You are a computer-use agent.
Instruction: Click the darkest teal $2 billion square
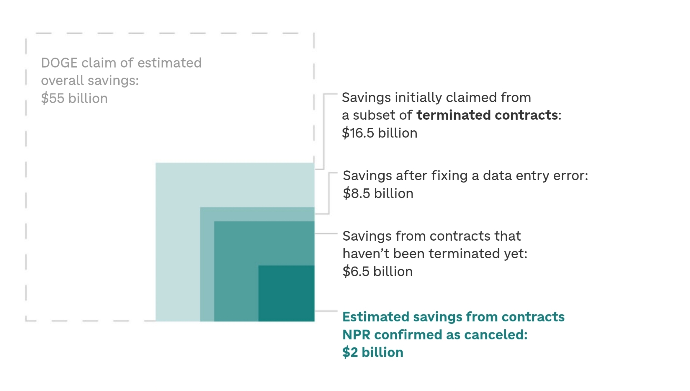coord(286,293)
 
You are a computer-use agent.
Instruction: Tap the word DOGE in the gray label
coord(59,63)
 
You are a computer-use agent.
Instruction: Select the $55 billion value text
coord(74,99)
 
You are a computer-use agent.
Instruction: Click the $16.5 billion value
coord(379,133)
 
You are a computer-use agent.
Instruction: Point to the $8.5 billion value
coord(378,194)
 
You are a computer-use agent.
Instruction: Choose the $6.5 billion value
coord(377,272)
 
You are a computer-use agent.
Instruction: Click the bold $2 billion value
coord(373,352)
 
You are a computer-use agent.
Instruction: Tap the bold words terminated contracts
coord(487,115)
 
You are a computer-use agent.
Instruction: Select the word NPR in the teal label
coord(356,335)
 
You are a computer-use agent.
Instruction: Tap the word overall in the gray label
coord(62,81)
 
